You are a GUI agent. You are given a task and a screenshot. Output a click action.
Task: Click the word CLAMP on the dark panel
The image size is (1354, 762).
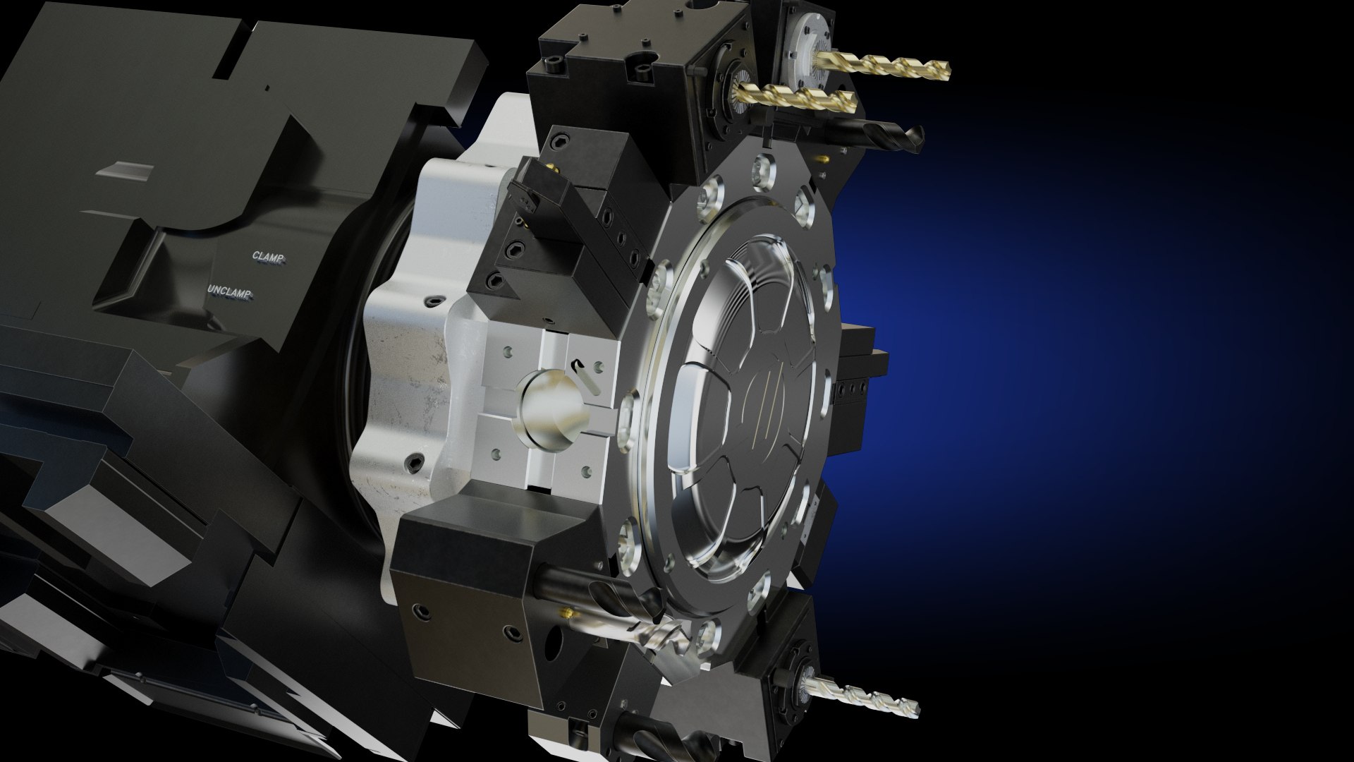pos(269,257)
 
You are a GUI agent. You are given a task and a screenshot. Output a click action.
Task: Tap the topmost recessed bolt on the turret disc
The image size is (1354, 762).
pos(760,168)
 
